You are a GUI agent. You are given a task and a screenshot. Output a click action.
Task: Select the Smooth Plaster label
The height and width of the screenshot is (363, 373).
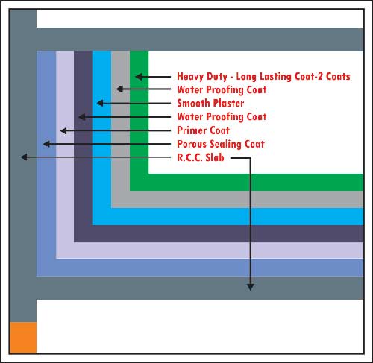coord(210,103)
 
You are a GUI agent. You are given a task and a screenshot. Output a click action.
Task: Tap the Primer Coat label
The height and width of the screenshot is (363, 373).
coord(203,130)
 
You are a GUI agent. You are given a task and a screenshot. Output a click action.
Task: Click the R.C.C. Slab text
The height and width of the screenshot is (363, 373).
coord(201,157)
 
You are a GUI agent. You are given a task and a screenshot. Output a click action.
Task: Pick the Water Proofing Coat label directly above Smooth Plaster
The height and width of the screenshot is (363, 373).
coord(222,90)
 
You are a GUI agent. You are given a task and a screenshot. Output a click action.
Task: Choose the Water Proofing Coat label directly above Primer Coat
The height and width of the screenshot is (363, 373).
coord(222,117)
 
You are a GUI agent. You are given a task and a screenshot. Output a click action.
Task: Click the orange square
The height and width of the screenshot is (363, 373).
coord(23,338)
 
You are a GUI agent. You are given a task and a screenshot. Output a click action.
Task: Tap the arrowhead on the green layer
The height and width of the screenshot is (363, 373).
coord(139,77)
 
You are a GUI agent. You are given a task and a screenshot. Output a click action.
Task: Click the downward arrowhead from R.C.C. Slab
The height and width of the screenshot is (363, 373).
coord(251,288)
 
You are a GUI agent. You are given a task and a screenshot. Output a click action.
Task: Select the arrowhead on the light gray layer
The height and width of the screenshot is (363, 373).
coord(119,89)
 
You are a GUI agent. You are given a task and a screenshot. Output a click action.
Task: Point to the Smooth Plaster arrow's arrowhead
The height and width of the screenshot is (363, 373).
coord(100,103)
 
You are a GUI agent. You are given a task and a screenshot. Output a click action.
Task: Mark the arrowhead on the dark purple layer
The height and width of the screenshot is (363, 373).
coord(82,117)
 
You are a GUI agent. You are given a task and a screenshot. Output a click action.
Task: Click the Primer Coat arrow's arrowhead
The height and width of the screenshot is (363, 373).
coord(63,130)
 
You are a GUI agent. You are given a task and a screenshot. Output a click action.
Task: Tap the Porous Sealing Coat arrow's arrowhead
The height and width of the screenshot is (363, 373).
coord(46,144)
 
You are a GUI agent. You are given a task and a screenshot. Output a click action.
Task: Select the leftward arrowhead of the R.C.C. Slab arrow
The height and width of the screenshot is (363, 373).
coord(24,157)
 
